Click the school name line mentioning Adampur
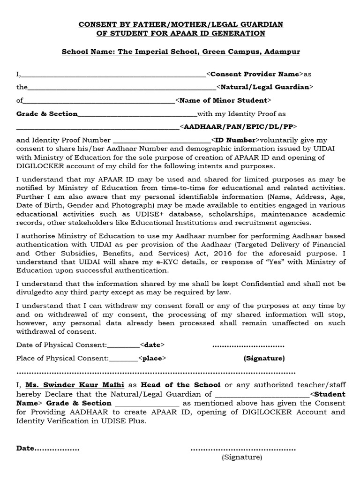click(181, 52)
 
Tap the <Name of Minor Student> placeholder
click(223, 100)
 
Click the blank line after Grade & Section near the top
click(137, 114)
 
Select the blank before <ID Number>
click(162, 140)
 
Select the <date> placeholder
click(152, 345)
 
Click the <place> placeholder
click(152, 358)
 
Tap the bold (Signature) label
click(264, 358)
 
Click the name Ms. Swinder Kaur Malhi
click(75, 385)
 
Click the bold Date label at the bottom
click(26, 448)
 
